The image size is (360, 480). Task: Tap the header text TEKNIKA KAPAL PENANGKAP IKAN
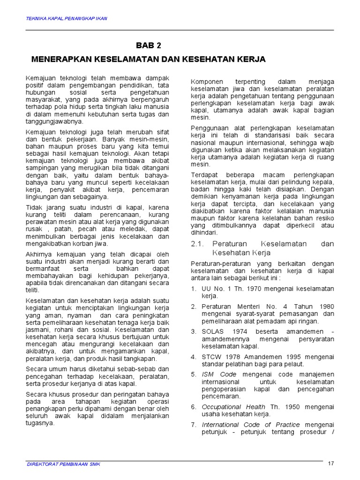point(66,18)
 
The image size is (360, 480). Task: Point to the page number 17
point(331,464)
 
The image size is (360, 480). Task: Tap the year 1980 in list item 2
point(324,306)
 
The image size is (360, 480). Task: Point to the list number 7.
point(193,425)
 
